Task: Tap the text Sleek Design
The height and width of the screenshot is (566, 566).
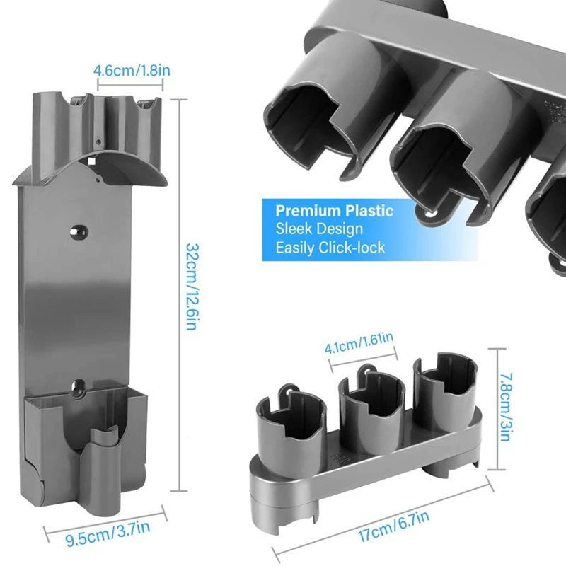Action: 319,229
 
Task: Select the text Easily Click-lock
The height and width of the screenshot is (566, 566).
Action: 330,248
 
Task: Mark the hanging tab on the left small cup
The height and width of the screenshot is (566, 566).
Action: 289,389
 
